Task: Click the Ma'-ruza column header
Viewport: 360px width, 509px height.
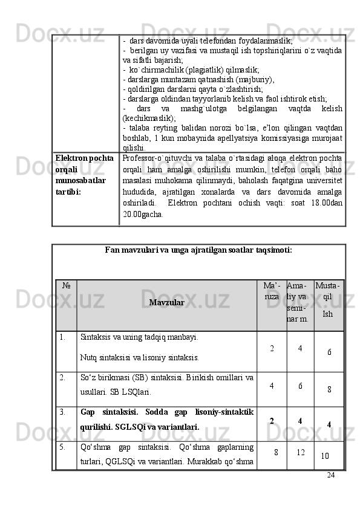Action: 272,291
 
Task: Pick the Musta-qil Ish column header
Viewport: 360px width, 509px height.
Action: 328,299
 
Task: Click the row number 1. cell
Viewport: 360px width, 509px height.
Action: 63,337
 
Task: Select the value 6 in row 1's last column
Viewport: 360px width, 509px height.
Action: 329,352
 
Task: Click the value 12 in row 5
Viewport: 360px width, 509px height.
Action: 300,452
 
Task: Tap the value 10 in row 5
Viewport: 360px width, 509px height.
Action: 326,455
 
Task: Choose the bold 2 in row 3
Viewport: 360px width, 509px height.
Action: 272,421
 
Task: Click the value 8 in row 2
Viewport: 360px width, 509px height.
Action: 329,390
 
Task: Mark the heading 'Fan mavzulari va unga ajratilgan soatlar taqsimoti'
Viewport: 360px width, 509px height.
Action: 198,249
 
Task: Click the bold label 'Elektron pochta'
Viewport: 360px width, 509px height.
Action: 85,158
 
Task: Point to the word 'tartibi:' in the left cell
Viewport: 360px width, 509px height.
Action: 69,190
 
